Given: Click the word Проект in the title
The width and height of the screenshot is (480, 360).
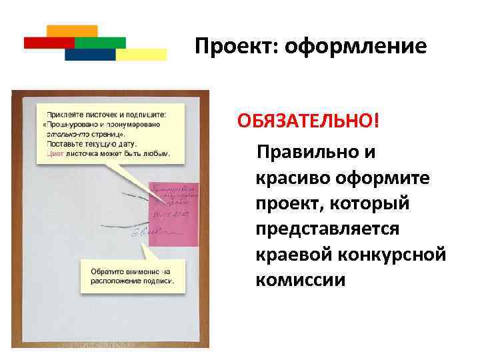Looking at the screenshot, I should click(229, 47).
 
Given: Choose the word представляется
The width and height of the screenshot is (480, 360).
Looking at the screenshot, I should click(327, 229).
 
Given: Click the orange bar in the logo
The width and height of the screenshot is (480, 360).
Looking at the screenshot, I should click(73, 31).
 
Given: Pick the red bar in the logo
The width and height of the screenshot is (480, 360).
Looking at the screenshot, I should click(49, 42).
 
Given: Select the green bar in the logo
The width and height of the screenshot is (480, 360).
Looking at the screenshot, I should click(100, 42).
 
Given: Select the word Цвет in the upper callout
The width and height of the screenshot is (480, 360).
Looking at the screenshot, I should click(55, 153).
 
